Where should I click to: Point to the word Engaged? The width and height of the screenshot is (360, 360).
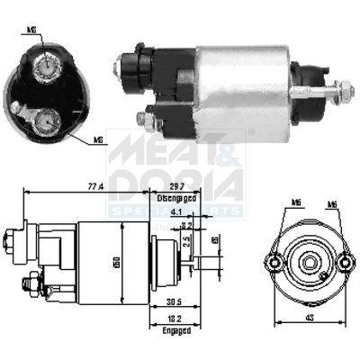pyautogui.click(x=176, y=330)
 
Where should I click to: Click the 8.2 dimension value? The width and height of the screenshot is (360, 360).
pyautogui.click(x=186, y=227)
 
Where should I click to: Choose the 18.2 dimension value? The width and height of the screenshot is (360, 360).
pyautogui.click(x=176, y=319)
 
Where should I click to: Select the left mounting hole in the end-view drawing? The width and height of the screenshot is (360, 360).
pyautogui.click(x=274, y=262)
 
